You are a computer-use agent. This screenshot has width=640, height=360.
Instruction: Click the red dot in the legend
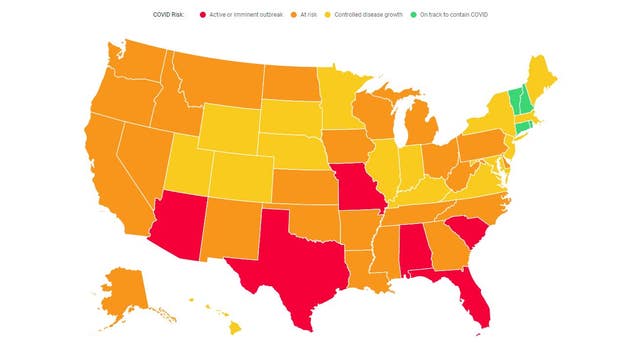tap(204, 15)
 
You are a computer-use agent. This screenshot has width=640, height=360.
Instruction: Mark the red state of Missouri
tap(359, 189)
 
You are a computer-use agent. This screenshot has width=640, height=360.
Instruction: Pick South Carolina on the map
tap(466, 232)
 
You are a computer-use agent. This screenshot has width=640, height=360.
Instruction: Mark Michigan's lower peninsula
tap(422, 136)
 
